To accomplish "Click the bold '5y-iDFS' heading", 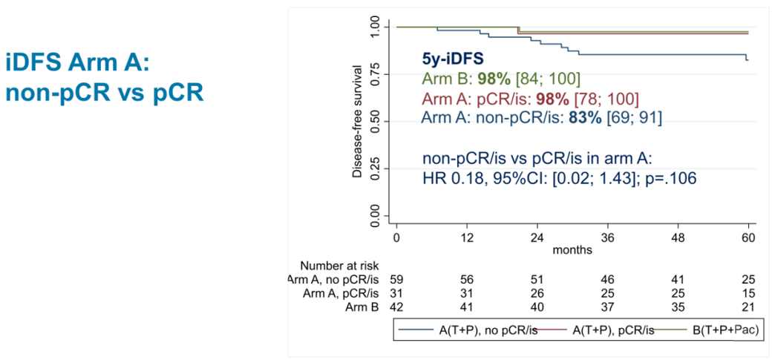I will [x=455, y=58].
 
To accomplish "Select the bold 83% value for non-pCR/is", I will [x=584, y=118].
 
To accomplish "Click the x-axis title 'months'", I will [x=572, y=250].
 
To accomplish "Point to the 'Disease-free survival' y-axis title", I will [x=358, y=122].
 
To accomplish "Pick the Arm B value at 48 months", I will [x=676, y=307].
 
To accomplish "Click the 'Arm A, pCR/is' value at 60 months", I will [x=747, y=293].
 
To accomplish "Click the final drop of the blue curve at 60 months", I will [x=746, y=57].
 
